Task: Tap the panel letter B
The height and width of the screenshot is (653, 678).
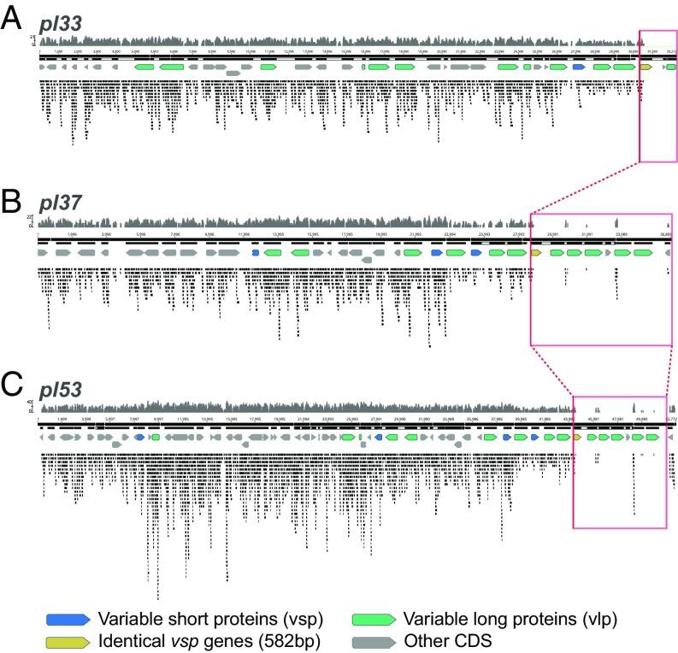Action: pyautogui.click(x=12, y=203)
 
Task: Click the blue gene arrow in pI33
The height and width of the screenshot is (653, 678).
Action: pyautogui.click(x=579, y=66)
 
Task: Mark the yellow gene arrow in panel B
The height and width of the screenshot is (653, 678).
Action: pyautogui.click(x=537, y=253)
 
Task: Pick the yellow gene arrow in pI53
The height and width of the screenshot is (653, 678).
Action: pyautogui.click(x=578, y=437)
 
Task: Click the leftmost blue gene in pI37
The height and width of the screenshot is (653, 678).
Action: pyautogui.click(x=255, y=253)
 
